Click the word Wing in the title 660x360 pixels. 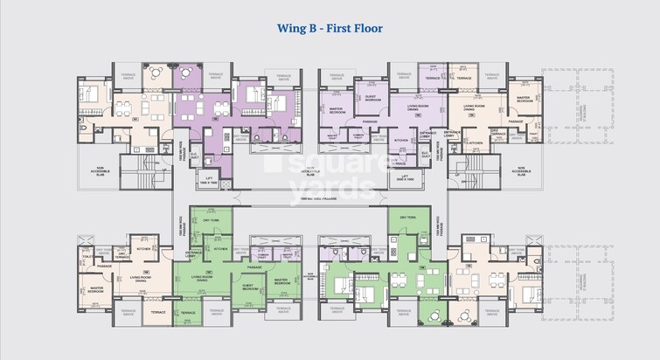point(293,28)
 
